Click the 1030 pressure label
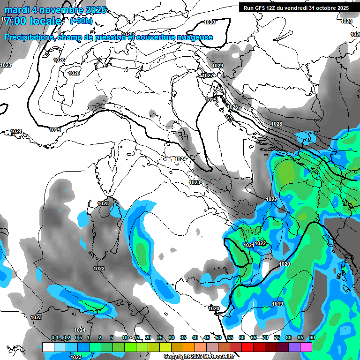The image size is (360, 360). point(210,22)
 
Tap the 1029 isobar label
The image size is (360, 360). point(218,66)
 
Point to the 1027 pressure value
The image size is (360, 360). point(208,75)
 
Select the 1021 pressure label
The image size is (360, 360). point(249,245)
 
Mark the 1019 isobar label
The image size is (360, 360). point(277,304)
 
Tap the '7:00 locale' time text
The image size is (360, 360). point(33,22)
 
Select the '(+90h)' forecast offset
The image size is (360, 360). point(81,21)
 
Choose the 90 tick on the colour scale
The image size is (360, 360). point(312,337)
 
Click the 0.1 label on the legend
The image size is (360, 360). point(55,337)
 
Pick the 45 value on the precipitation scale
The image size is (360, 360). point(207,337)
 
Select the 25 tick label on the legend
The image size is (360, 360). point(160,337)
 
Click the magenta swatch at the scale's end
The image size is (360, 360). point(306,347)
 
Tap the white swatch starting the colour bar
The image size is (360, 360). point(48,347)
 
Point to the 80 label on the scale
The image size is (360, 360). point(288,337)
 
